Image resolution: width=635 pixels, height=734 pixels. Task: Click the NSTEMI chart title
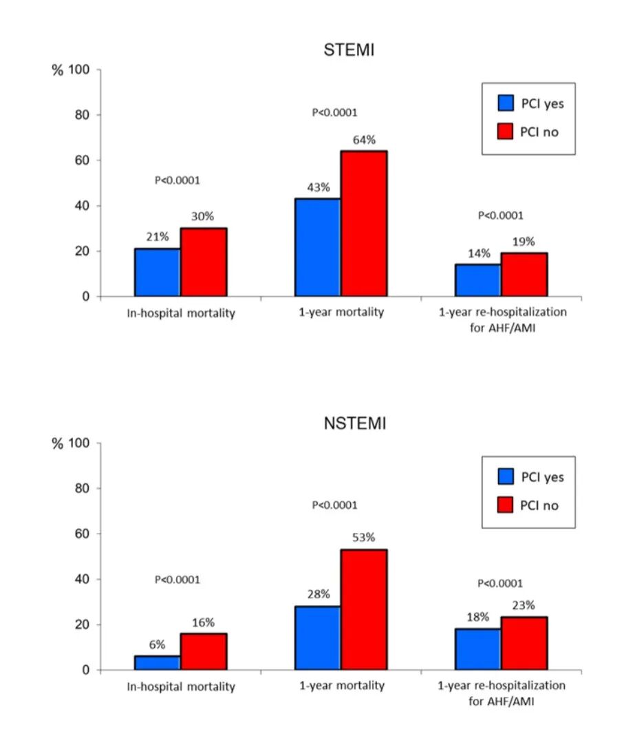pos(354,423)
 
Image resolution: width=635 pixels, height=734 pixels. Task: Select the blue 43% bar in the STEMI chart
pos(317,247)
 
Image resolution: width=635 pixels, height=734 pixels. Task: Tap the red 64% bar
pos(364,223)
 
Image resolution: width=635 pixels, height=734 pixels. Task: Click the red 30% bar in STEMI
pos(204,262)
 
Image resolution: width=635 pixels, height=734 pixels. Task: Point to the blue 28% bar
pos(317,638)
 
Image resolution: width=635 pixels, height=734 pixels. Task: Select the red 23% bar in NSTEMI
pos(524,643)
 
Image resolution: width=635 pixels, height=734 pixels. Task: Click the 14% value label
pos(479,253)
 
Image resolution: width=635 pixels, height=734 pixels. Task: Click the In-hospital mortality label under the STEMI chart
pos(180,313)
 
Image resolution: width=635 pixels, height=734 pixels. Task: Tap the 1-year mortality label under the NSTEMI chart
pos(341,686)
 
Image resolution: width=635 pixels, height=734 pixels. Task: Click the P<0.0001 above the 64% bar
pos(335,112)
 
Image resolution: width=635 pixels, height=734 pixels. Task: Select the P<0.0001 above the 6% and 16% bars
pos(177,580)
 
